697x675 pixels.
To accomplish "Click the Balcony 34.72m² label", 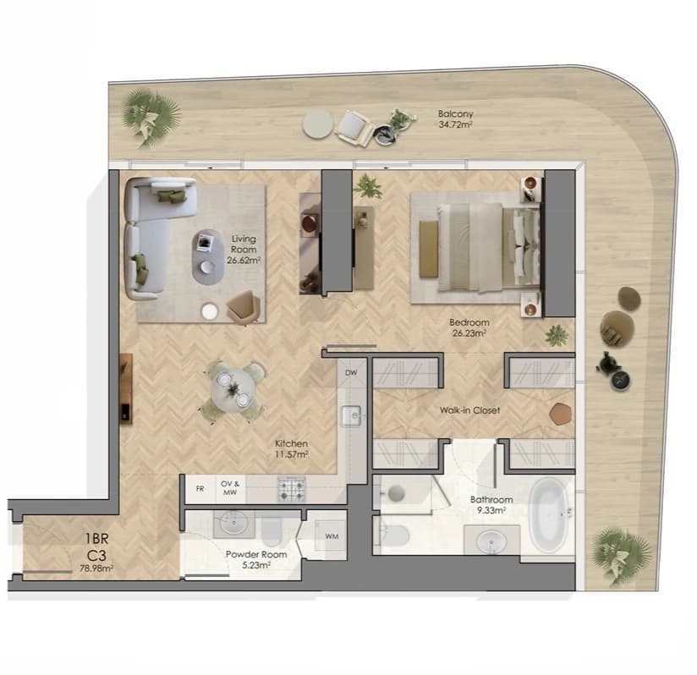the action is [455, 119].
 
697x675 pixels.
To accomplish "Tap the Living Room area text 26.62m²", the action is [244, 261].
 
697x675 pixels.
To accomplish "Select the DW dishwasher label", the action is [351, 373].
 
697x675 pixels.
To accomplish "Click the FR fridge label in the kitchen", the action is [200, 489].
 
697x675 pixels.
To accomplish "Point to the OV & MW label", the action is [230, 488].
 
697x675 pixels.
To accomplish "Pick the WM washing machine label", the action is [332, 536].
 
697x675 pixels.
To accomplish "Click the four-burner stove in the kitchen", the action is [292, 489].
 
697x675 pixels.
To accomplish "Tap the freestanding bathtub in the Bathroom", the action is [548, 515].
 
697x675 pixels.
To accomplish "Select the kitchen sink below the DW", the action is [351, 416].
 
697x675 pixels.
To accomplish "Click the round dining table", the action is [233, 391].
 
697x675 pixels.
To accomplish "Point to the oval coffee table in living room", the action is [208, 257].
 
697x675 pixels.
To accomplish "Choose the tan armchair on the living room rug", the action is [243, 307].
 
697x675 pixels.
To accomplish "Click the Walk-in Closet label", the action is [469, 410].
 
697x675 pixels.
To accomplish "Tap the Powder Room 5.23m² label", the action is [256, 559].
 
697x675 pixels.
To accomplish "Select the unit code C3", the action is [96, 556].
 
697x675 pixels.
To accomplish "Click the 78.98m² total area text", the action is [96, 568].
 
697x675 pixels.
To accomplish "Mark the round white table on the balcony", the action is [318, 125].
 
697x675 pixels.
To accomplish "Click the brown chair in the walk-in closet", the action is [561, 414].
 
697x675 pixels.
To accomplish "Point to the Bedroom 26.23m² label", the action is [469, 327].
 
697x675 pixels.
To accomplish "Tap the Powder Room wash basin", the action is [233, 523].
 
